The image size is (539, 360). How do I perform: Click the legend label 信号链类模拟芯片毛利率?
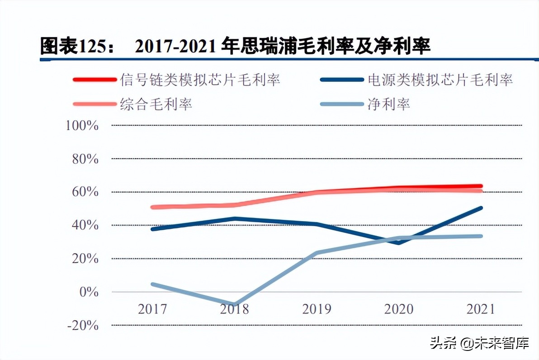(x=200, y=80)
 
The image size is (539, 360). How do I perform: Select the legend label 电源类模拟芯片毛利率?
(x=440, y=80)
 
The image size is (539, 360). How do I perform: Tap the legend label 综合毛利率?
(x=156, y=104)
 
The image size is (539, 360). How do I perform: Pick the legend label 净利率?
(x=389, y=104)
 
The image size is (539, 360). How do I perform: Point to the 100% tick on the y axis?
(x=82, y=125)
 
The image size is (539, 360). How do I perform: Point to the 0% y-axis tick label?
(x=89, y=292)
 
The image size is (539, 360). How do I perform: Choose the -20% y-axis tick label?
(x=83, y=325)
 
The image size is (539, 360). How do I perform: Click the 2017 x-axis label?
(x=152, y=309)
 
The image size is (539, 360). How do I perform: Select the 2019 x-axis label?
(x=317, y=309)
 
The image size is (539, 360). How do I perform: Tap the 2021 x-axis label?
(x=480, y=309)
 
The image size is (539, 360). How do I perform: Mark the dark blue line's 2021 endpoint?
(x=481, y=208)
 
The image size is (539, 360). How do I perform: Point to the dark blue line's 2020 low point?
(x=398, y=243)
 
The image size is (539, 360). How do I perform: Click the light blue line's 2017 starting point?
(x=153, y=284)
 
